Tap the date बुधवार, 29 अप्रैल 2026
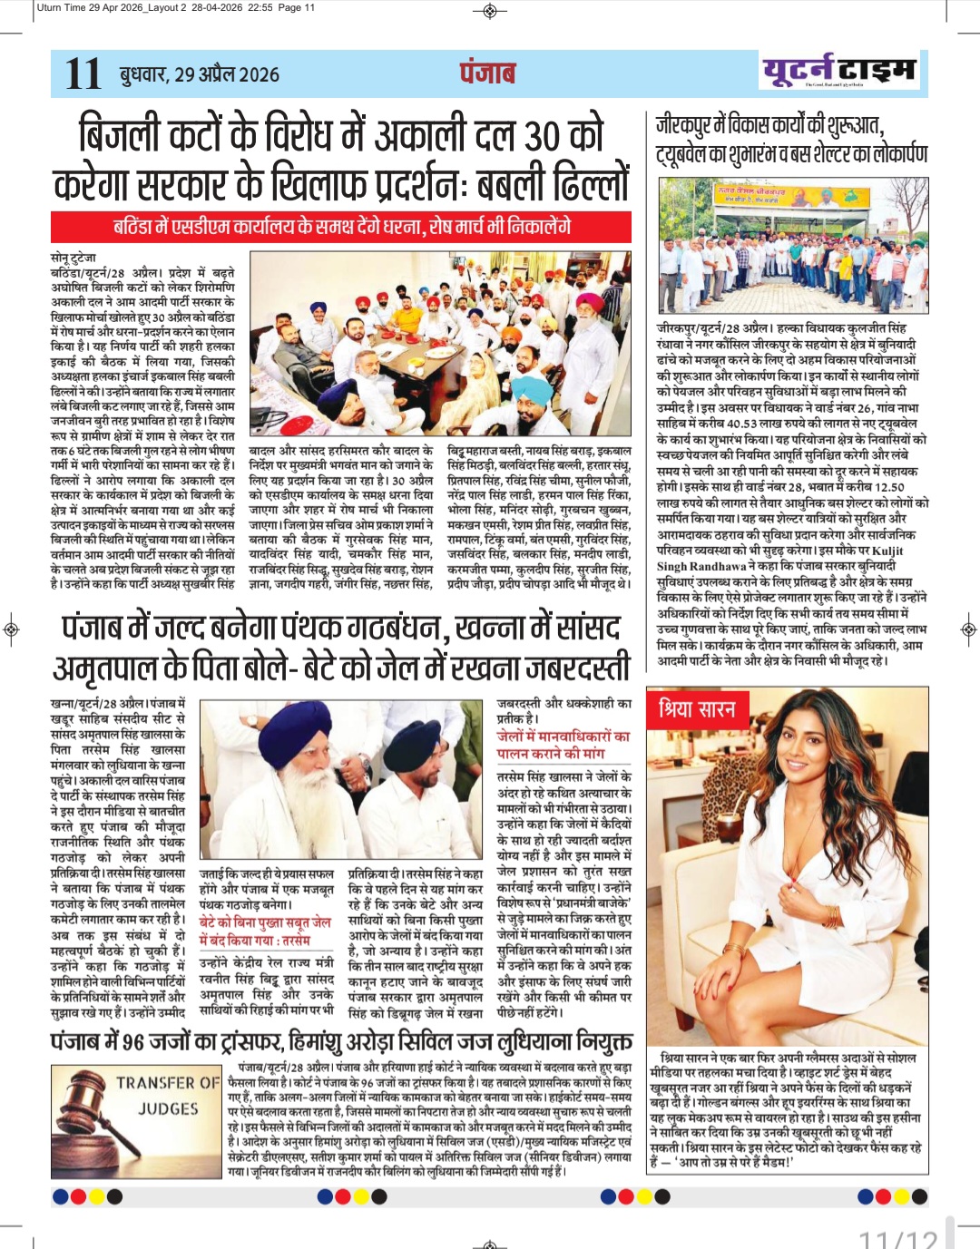coord(200,74)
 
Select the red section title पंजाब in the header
coord(487,73)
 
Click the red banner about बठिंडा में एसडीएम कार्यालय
coord(341,227)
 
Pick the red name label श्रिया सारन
coord(697,709)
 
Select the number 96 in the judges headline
coord(134,1041)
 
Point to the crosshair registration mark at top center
coord(490,11)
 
